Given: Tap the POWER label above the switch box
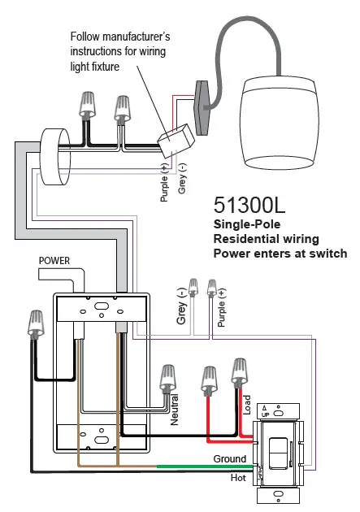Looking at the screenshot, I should pos(54,261).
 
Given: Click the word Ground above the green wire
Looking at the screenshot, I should pos(230,459).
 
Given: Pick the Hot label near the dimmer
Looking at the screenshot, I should pos(239,479).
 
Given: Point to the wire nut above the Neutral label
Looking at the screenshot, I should pos(170,376).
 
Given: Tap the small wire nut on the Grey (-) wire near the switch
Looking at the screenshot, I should pos(193,287).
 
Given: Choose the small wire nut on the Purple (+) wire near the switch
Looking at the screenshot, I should pos(213,287).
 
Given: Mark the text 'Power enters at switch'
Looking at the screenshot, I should pos(280,254).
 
